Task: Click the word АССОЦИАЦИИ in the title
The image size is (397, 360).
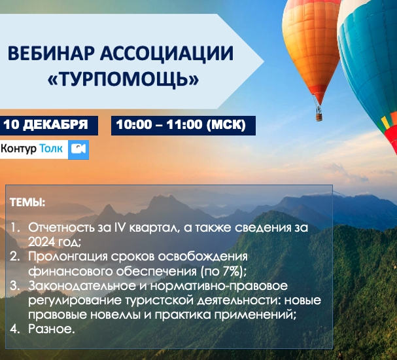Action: [167, 54]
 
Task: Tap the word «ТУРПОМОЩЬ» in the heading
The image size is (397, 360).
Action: [124, 79]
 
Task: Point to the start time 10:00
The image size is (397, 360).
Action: [134, 124]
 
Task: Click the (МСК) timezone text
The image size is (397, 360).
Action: [226, 124]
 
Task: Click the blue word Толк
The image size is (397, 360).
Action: [51, 149]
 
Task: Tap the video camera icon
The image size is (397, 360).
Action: [78, 149]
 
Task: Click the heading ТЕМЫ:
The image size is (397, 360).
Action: [27, 203]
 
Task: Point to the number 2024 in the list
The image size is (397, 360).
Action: [41, 242]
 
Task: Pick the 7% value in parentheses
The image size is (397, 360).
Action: [231, 271]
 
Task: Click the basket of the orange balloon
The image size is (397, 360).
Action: [319, 117]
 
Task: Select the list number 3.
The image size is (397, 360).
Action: [14, 286]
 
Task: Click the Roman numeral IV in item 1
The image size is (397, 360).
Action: [120, 228]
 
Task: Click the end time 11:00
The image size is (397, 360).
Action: [184, 124]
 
